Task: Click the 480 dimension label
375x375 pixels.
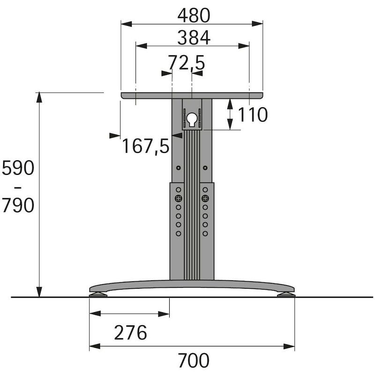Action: [194, 15]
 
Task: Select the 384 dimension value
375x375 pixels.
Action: [194, 38]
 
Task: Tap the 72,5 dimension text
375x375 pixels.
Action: [187, 63]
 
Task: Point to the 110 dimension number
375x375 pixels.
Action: [253, 115]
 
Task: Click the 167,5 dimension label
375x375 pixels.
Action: [146, 146]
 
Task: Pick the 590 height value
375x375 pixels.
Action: [18, 168]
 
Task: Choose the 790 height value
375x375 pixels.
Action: [18, 205]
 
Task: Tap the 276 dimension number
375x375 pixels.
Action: [130, 332]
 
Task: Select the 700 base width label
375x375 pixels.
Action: [194, 360]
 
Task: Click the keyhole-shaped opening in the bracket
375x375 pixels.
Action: [192, 119]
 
